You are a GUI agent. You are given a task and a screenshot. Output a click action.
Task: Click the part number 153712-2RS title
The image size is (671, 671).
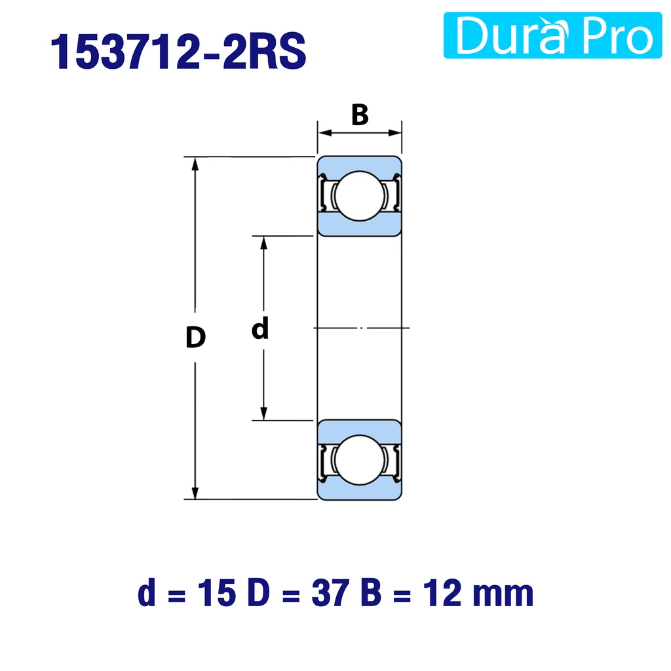coord(178,51)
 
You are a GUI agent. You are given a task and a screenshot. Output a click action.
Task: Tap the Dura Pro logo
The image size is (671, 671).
coord(552,35)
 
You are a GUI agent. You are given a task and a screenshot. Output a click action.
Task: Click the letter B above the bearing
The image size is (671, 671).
coord(360,115)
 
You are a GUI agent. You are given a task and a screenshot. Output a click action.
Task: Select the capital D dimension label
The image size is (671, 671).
coord(195,337)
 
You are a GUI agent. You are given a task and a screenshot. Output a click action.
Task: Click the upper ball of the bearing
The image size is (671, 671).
coord(360,196)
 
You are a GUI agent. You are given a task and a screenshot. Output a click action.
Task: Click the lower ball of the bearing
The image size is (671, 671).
coord(360,460)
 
